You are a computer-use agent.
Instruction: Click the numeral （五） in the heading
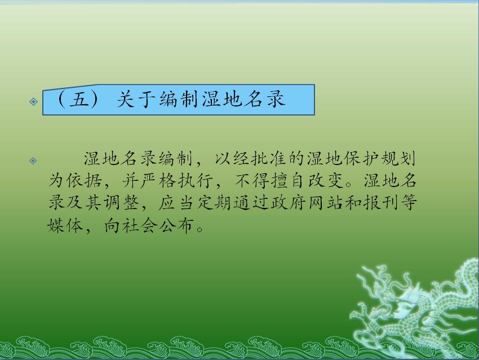(x=78, y=99)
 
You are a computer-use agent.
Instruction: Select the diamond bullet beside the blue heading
(x=33, y=101)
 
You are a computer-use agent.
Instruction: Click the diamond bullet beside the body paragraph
(x=33, y=161)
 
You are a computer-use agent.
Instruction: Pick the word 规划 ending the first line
(x=398, y=158)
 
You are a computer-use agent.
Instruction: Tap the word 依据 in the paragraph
(x=84, y=180)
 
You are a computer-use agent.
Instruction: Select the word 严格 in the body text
(x=158, y=180)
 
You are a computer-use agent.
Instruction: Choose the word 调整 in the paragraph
(x=121, y=202)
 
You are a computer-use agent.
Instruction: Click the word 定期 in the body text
(x=214, y=202)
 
